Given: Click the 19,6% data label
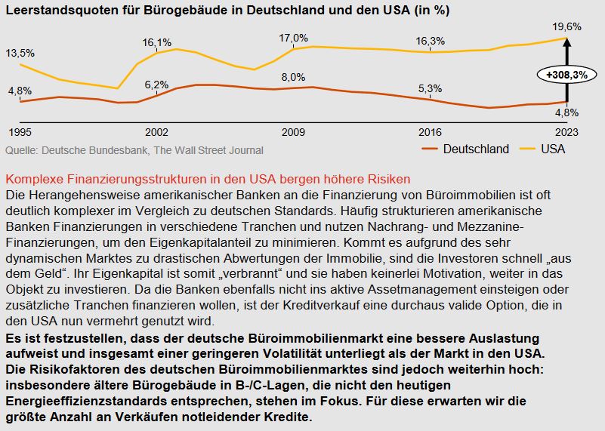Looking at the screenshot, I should tap(566, 26).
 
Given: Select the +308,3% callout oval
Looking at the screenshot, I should tap(566, 75).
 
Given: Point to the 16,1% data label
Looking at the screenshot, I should tap(156, 42).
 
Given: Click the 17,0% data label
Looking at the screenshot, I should tap(293, 38).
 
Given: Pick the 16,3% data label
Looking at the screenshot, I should tap(430, 41).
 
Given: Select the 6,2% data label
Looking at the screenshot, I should tap(156, 84).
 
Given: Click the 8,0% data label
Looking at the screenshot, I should tap(293, 77).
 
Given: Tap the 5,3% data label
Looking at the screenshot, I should tap(430, 88).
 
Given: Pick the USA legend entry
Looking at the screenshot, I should tap(553, 149).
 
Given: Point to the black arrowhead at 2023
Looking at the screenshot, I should tap(566, 43).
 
